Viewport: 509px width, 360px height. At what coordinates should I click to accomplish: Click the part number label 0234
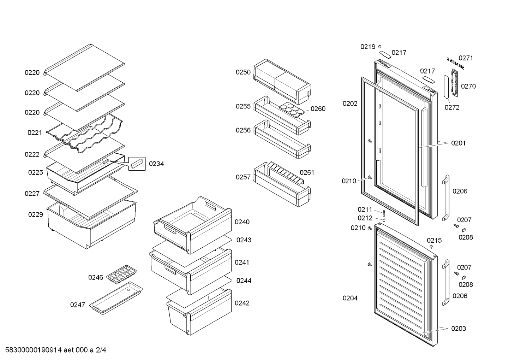click(x=156, y=164)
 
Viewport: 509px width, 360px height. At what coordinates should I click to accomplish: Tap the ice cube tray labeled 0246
click(x=122, y=274)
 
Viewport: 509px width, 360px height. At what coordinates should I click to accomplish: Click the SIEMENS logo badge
click(x=456, y=63)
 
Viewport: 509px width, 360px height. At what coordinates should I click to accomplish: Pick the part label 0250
click(x=243, y=72)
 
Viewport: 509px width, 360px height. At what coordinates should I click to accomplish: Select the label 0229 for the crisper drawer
click(x=36, y=214)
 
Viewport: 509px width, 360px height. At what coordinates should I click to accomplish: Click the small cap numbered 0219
click(x=380, y=46)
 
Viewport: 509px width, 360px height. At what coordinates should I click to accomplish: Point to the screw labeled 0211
click(x=384, y=212)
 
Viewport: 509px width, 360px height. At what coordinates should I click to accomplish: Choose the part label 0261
click(x=307, y=172)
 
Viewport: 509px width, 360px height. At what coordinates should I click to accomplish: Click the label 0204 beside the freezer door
click(x=350, y=298)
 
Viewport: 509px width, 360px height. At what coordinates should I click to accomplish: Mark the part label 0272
click(x=452, y=107)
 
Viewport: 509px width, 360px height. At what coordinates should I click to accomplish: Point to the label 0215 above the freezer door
click(x=434, y=241)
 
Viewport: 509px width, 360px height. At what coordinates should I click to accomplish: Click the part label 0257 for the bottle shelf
click(x=243, y=177)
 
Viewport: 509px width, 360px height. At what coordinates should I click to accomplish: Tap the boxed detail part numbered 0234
click(x=137, y=164)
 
